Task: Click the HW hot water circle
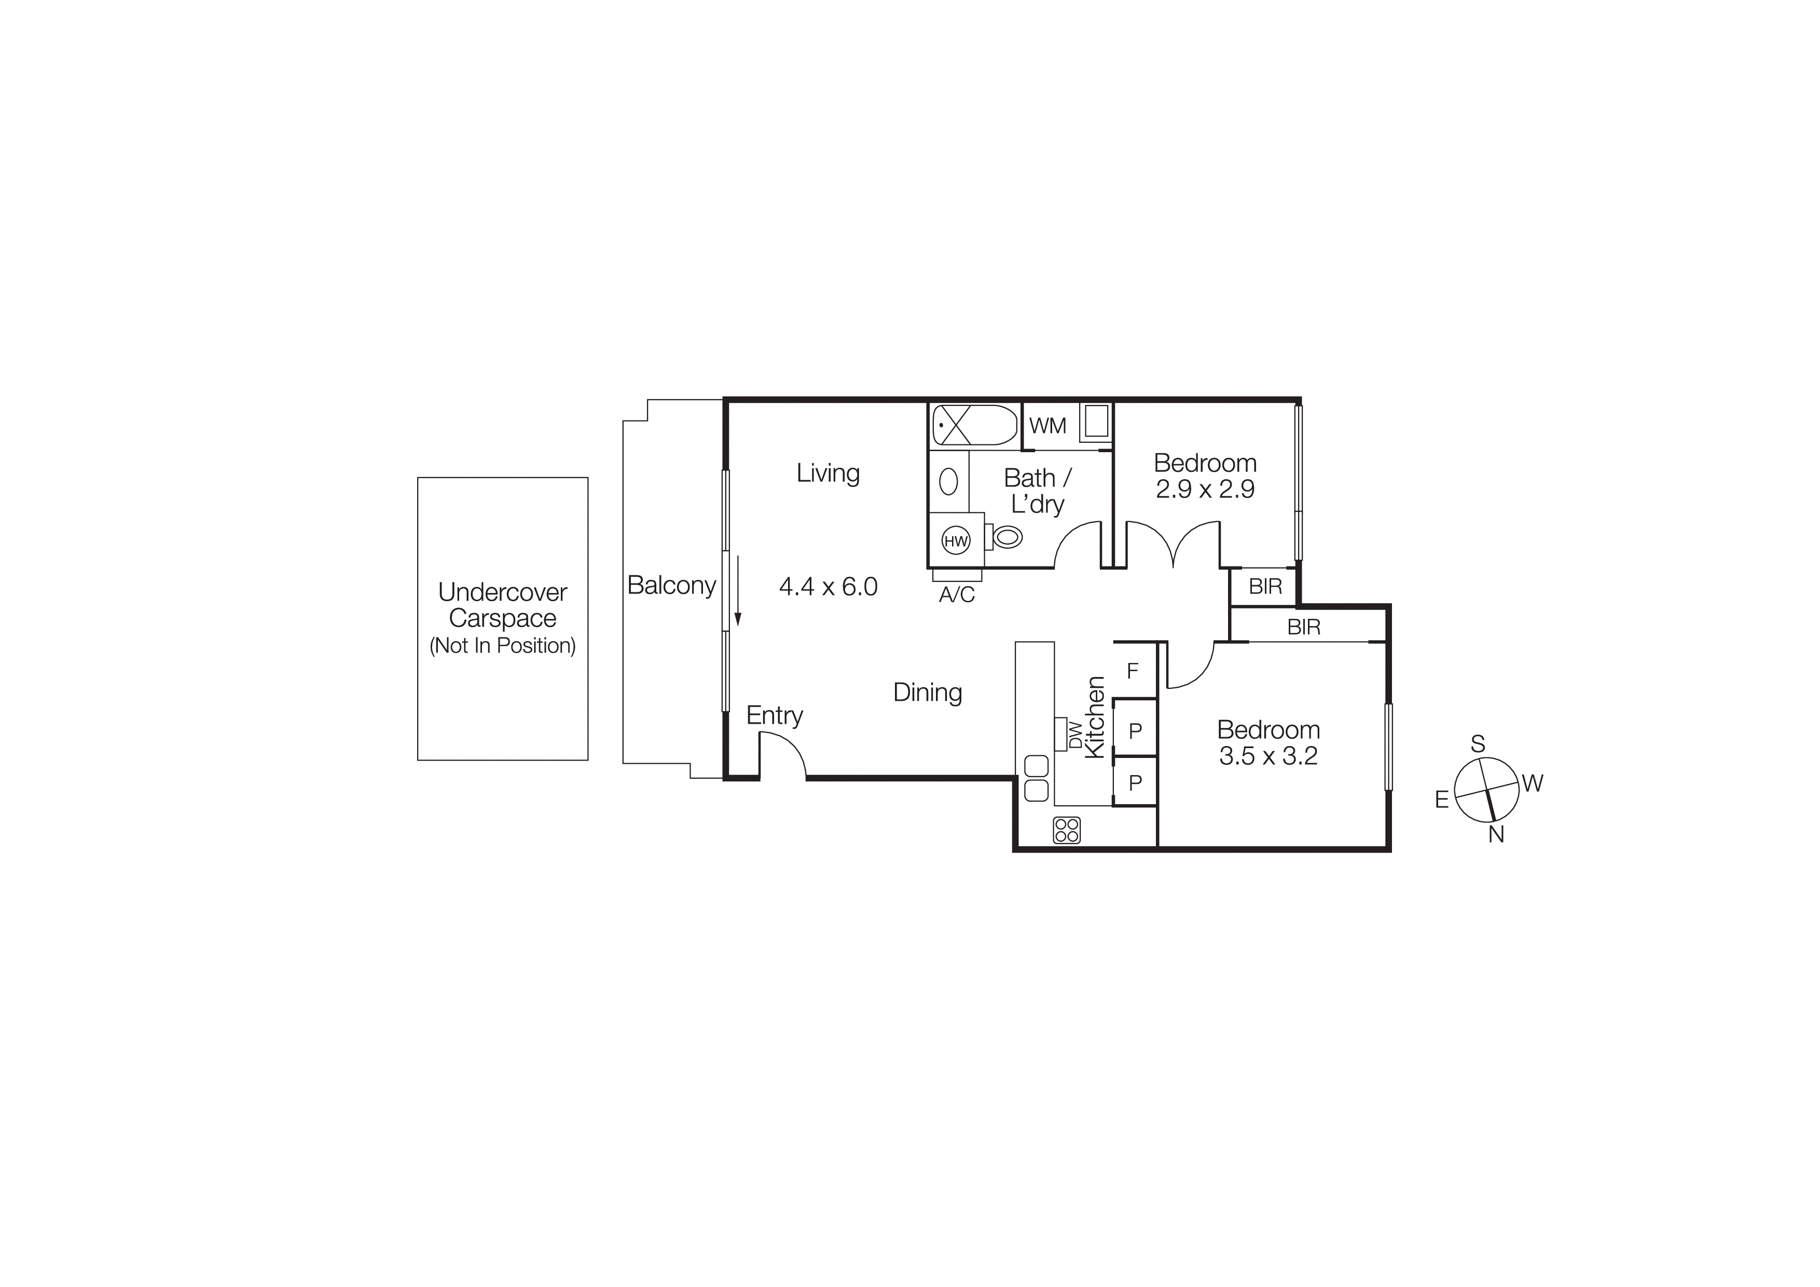coord(956,541)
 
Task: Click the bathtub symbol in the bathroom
coord(973,425)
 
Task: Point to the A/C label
coord(957,595)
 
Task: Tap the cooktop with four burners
coord(1067,830)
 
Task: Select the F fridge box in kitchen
coord(1133,671)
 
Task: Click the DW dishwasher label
coord(1076,734)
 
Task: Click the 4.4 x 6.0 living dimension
coord(829,587)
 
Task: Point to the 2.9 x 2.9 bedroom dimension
coord(1205,489)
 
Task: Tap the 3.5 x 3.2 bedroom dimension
coord(1269,756)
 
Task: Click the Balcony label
coord(671,585)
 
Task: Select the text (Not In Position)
coord(503,645)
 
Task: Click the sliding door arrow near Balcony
coord(737,591)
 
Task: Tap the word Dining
coord(928,692)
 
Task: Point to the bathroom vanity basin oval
coord(948,481)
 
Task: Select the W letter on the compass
coord(1532,783)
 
